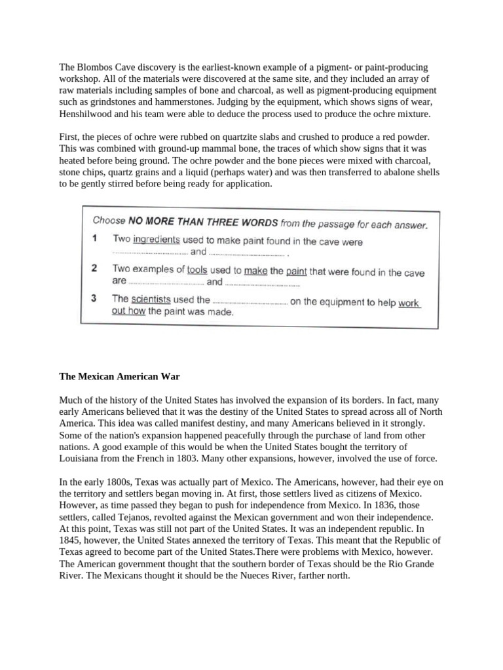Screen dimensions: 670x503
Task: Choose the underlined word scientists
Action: point(151,300)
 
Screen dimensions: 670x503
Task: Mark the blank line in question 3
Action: point(250,302)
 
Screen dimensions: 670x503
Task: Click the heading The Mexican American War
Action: point(119,377)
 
